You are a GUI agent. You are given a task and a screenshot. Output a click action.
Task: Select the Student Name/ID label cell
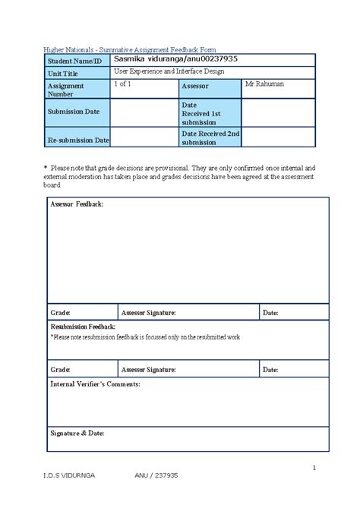pyautogui.click(x=74, y=60)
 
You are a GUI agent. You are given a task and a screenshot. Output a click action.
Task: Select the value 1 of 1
pyautogui.click(x=122, y=84)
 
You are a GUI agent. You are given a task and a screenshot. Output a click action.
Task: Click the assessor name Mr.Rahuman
pyautogui.click(x=264, y=84)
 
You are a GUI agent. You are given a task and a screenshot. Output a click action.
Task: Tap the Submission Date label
pyautogui.click(x=74, y=112)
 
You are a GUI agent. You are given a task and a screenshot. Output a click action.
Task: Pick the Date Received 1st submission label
pyautogui.click(x=201, y=113)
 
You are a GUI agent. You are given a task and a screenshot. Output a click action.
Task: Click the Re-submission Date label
pyautogui.click(x=79, y=140)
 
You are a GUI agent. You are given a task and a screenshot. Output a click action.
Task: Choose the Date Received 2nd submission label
pyautogui.click(x=210, y=137)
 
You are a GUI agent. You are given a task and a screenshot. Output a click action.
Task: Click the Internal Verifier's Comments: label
pyautogui.click(x=95, y=385)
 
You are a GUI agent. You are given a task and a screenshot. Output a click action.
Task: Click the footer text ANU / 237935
pyautogui.click(x=156, y=497)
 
